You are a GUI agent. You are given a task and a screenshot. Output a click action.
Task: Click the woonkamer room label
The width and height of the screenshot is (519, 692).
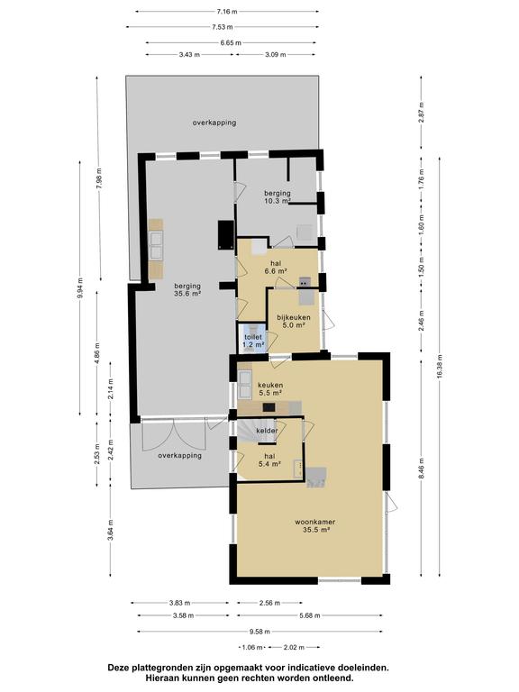pos(314,522)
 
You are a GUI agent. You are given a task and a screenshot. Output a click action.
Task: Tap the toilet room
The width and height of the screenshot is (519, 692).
pos(252,338)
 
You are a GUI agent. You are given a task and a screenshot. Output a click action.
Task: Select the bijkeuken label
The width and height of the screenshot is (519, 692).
pos(294,317)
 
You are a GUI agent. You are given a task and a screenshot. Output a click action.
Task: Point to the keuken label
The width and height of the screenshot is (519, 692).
pos(270,385)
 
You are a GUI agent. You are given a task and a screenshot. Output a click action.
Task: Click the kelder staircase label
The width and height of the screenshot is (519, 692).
pos(267,431)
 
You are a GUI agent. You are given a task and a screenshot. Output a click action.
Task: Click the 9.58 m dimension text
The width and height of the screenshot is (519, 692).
pos(259,632)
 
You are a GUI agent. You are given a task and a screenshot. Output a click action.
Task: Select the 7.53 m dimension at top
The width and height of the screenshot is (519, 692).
pos(223,27)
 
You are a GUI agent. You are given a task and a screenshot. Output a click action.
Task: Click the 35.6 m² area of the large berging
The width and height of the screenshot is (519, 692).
pos(187,294)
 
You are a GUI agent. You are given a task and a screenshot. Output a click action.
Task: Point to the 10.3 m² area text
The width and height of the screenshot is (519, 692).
pos(278,201)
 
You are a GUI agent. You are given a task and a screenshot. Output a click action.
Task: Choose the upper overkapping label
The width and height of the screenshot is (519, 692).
pos(214,123)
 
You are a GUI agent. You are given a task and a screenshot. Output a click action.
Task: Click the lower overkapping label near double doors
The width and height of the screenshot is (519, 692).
pos(179,455)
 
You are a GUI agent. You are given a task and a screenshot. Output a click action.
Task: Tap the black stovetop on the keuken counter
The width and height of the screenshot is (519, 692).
pos(269,407)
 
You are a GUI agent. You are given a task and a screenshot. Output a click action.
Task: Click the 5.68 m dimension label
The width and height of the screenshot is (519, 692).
pos(310,615)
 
